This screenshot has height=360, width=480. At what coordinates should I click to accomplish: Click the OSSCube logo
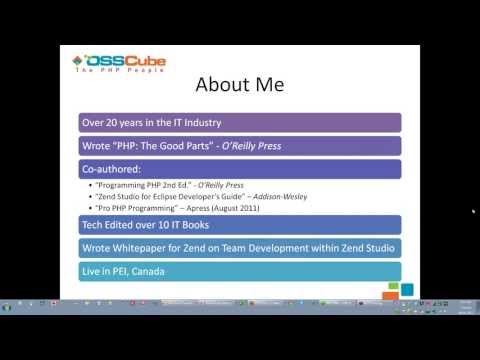pyautogui.click(x=119, y=63)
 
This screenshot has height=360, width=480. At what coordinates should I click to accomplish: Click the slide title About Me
pyautogui.click(x=238, y=83)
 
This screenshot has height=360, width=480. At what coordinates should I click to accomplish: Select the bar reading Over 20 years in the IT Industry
pyautogui.click(x=239, y=123)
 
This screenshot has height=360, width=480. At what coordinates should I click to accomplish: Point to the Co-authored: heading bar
pyautogui.click(x=239, y=169)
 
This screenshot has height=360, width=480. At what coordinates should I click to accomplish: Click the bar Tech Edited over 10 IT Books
pyautogui.click(x=239, y=226)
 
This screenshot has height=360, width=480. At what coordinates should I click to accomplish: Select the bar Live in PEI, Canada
pyautogui.click(x=239, y=271)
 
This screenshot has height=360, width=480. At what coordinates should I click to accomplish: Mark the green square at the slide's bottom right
pyautogui.click(x=406, y=290)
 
